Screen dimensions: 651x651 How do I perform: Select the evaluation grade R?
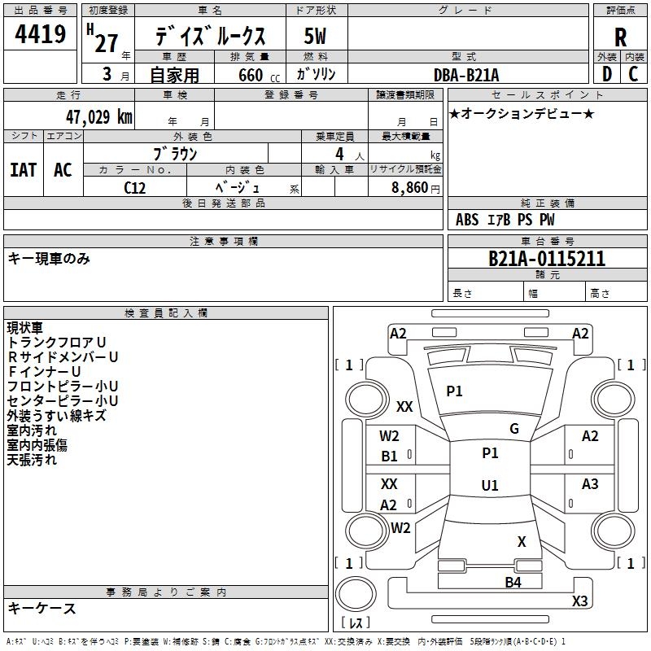coord(621,37)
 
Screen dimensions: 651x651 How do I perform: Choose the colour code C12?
coord(135,186)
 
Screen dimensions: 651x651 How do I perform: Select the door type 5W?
coord(316,36)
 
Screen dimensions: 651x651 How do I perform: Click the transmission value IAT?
coord(23,169)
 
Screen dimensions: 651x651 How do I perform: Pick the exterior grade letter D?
coord(606,74)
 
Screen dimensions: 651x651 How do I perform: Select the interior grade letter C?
coord(633,74)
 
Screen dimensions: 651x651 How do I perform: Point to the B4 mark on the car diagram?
coord(513,582)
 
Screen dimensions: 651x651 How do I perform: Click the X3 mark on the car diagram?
coord(579,601)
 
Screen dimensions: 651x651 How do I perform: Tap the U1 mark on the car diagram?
coord(490,486)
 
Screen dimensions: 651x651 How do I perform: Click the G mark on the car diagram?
coord(514,429)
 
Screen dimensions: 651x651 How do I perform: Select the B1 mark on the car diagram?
coord(390,457)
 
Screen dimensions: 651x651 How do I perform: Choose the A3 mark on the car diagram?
coord(590,484)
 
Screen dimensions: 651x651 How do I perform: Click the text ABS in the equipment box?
coord(467,220)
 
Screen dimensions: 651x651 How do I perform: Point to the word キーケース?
coord(42,608)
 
